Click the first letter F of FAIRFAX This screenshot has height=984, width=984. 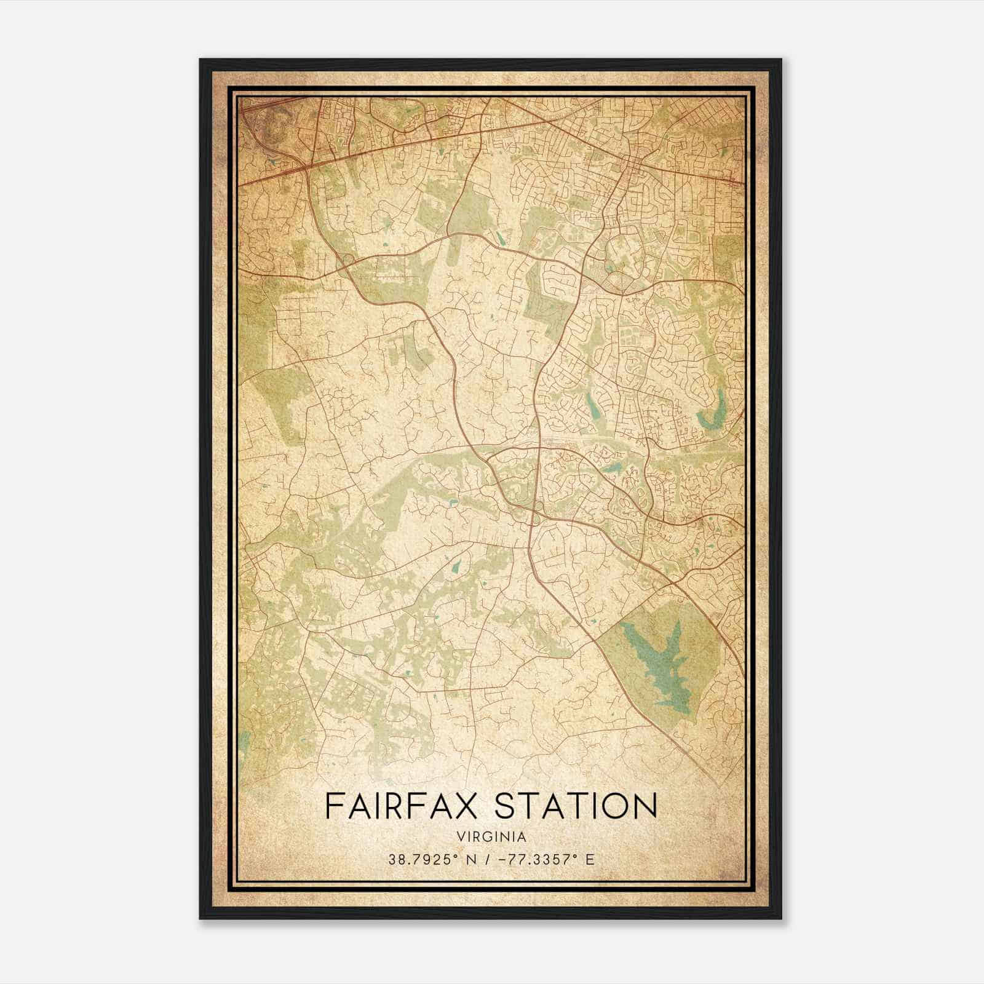tap(333, 806)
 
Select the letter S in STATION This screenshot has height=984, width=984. tap(506, 806)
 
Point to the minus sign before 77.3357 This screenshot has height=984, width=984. tap(497, 860)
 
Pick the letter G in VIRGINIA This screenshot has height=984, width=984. tap(493, 837)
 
